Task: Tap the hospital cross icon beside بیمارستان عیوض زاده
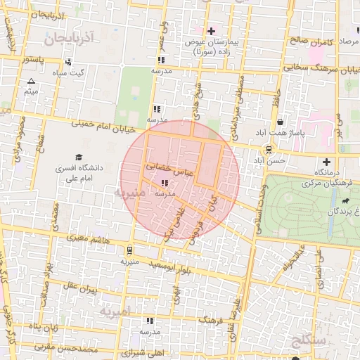point(211,31)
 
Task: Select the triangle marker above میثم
point(30,82)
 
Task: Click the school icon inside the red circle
point(165,183)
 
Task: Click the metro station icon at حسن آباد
point(268,150)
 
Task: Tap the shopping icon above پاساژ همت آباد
point(280,121)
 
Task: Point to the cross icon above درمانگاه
point(326,162)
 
